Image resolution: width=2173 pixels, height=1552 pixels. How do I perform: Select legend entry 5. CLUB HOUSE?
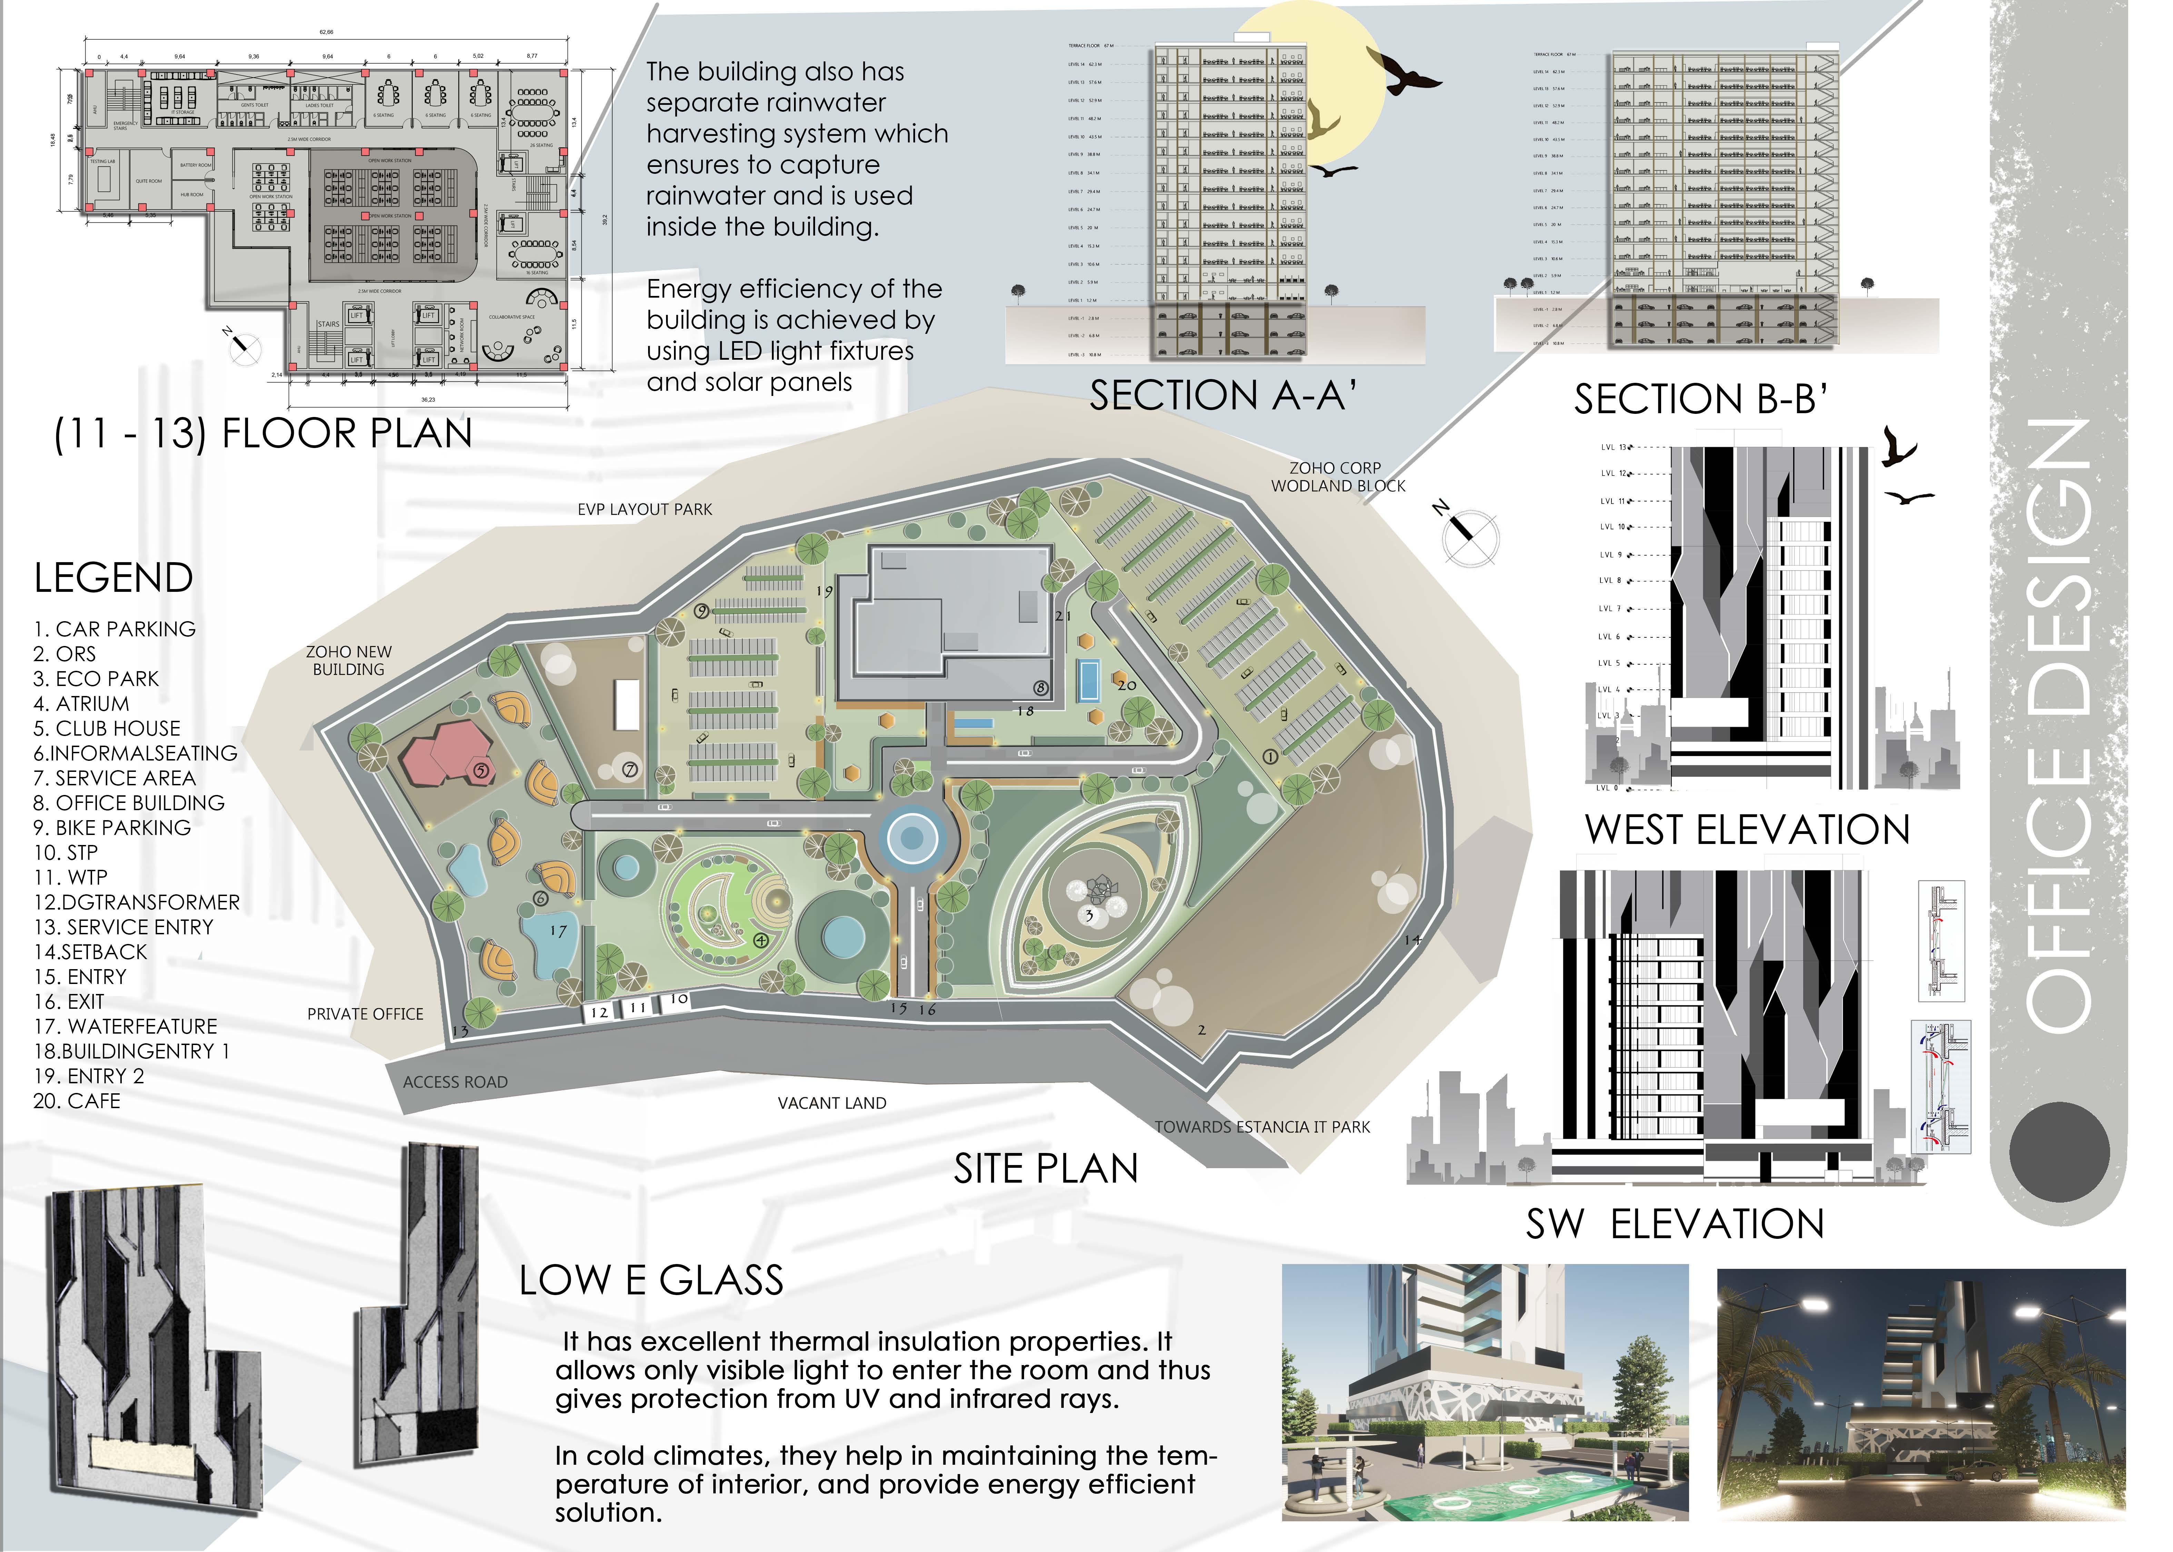click(107, 728)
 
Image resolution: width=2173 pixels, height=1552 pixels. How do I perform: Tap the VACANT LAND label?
click(831, 1103)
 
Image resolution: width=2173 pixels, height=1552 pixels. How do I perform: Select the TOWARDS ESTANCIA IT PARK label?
click(1261, 1127)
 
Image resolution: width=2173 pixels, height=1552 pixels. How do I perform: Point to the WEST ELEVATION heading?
click(1747, 829)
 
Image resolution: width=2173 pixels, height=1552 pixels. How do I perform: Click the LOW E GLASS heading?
click(651, 1281)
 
